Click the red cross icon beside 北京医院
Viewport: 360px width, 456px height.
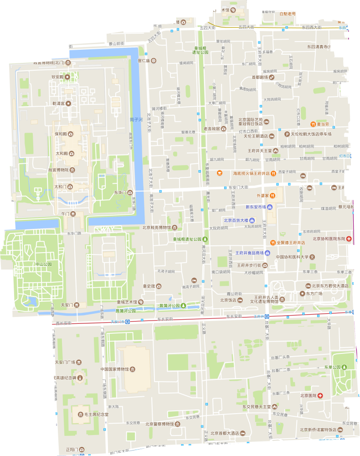320,395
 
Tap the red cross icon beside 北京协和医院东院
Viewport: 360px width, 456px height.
349,239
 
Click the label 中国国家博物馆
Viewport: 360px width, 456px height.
118,369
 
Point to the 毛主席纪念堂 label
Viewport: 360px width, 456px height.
97,415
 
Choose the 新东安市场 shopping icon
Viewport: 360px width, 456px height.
270,207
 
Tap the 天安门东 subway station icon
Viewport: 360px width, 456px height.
129,321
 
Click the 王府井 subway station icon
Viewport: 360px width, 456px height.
268,316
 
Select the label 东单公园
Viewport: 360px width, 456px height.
333,368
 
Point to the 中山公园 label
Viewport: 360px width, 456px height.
31,264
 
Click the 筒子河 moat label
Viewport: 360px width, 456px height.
136,119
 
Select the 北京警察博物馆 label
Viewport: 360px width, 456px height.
159,424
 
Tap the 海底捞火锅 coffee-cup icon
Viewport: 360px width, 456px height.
220,173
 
